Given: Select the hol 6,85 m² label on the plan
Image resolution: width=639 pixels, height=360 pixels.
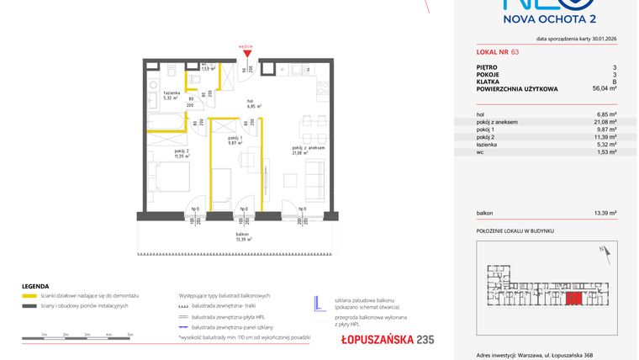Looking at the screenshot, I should point(254,104).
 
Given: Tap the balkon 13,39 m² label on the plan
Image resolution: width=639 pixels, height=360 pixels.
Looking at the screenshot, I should point(243,237).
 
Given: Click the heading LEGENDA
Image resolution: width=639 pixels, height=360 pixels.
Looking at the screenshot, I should point(34,285).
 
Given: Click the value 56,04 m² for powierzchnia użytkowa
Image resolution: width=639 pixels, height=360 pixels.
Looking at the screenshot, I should point(604,87).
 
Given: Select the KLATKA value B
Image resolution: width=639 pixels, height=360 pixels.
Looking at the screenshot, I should point(614,81).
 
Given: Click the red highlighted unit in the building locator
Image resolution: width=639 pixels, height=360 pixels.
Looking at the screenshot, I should point(573,298).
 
